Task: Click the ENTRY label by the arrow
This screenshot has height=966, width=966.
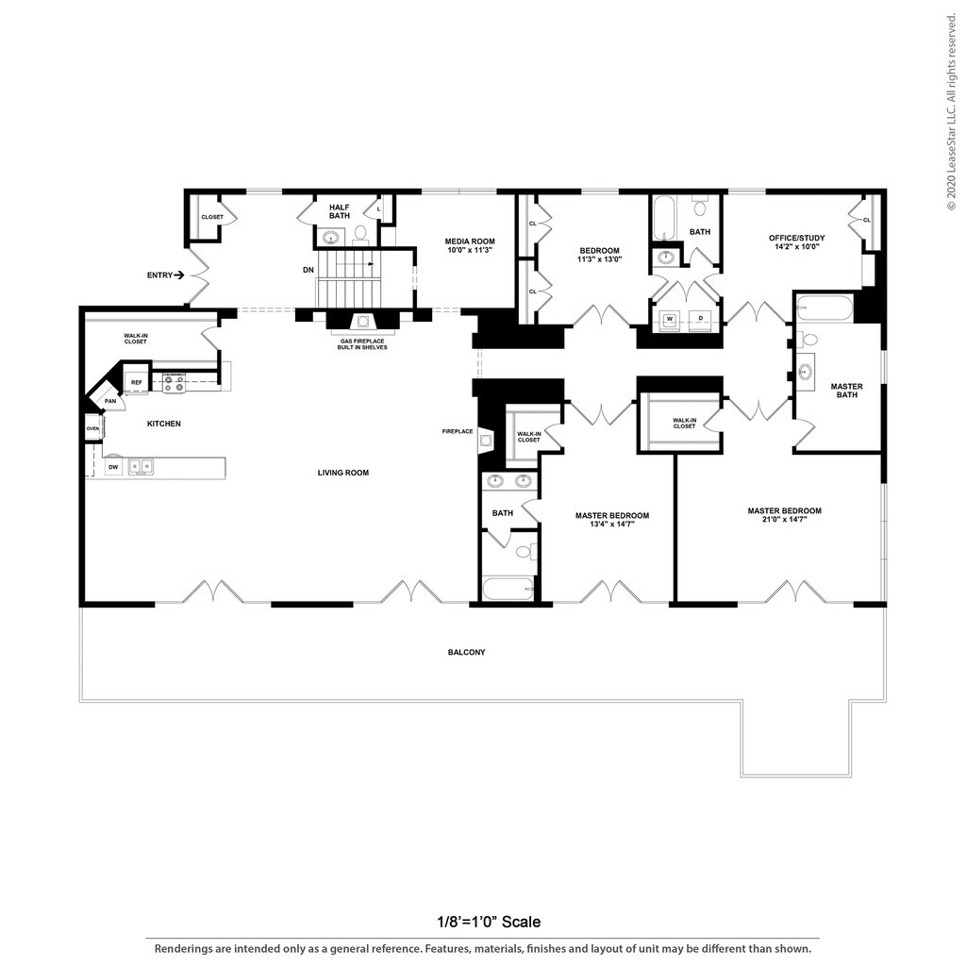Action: click(x=159, y=275)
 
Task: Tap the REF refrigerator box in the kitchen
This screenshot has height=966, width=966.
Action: click(x=137, y=382)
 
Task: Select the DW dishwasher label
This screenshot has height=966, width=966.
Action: click(x=113, y=467)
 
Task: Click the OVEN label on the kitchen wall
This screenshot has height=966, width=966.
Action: click(x=92, y=428)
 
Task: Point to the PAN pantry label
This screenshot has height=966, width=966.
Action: click(x=110, y=401)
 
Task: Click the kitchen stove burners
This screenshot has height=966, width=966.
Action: click(x=173, y=383)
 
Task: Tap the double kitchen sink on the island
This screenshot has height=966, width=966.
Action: click(x=142, y=466)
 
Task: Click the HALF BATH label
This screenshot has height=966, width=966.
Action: click(x=340, y=211)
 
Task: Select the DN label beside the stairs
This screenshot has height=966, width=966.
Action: click(x=308, y=270)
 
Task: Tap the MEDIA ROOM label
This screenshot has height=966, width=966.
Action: click(x=470, y=246)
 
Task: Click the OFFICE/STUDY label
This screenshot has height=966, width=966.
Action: click(x=797, y=242)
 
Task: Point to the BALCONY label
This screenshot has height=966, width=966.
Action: click(x=467, y=652)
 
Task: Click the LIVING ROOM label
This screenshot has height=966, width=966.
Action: click(x=343, y=473)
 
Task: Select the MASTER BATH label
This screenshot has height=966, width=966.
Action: click(x=846, y=391)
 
